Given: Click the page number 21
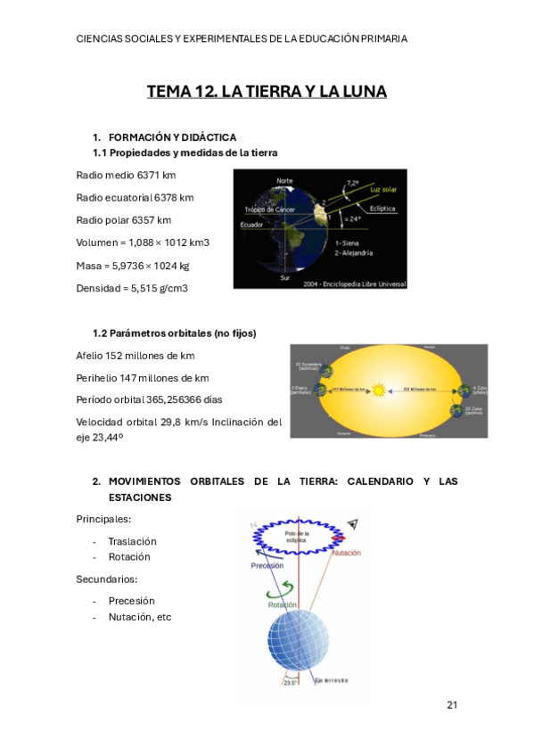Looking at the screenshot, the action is tap(452, 705).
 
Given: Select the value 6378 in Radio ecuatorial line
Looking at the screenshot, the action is tap(165, 197).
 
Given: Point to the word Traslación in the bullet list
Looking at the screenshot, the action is tap(132, 541).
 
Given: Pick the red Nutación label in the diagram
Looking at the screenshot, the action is tap(346, 554).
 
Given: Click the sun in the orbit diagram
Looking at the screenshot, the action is tap(403, 390).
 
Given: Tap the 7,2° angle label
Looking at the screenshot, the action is tap(353, 182).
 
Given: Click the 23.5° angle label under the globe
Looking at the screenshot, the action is tap(289, 682).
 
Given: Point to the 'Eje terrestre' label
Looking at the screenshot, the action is tap(330, 681).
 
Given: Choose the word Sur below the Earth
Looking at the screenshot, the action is tap(284, 277).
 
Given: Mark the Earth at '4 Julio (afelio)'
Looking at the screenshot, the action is tap(464, 390).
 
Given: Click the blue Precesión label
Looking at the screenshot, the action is tap(267, 565).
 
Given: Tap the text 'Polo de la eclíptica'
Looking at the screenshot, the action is tap(295, 537).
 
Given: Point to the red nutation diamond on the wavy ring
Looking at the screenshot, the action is tap(338, 538).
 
